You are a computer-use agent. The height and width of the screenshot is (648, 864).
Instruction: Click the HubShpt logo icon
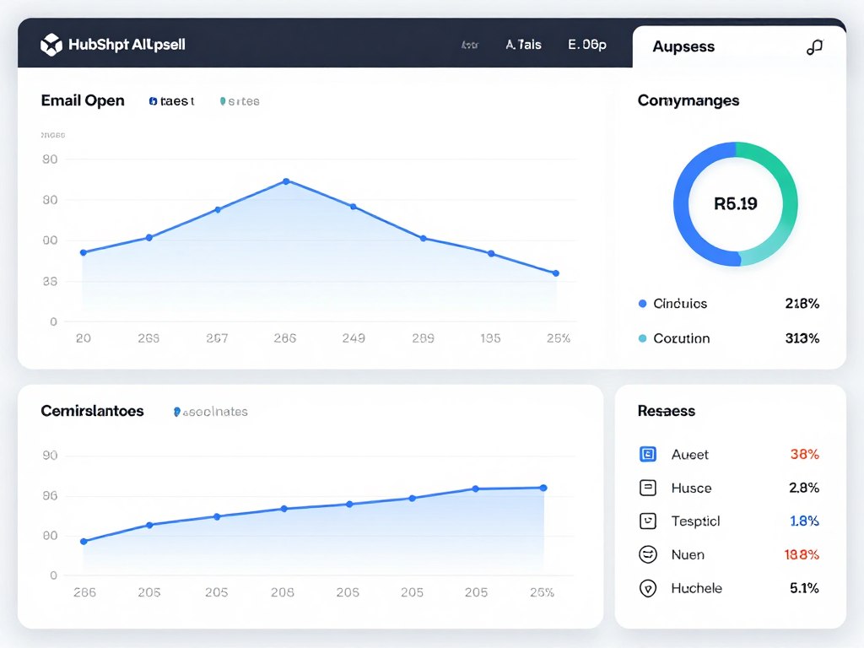coord(51,45)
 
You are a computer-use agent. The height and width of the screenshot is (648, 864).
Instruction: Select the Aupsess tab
coord(683,47)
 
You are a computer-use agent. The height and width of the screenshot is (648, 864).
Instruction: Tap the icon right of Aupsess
coord(814,47)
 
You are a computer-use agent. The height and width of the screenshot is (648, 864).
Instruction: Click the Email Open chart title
coord(83,100)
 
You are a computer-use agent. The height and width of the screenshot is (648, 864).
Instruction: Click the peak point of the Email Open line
coord(286,181)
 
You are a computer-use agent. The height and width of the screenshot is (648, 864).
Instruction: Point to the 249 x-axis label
coord(354,338)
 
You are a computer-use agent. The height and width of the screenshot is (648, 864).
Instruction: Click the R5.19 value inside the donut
coord(735,203)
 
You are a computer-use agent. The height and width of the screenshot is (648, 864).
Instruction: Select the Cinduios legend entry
coord(680,304)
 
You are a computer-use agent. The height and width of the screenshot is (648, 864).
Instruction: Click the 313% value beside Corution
coord(802,338)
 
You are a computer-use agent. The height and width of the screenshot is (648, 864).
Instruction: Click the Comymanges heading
coord(688,100)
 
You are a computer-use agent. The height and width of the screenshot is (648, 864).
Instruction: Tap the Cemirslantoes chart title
coord(92,411)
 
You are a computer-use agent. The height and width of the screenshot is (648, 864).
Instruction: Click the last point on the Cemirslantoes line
coord(543,488)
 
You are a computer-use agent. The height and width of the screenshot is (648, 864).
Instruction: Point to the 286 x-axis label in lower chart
coord(84,592)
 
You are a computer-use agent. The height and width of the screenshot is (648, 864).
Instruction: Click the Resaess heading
coord(667,411)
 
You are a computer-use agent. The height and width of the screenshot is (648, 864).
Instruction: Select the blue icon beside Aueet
coord(648,455)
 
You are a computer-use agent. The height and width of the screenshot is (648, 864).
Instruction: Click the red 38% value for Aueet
coord(804,455)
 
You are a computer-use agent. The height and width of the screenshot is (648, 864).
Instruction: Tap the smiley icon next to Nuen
coord(648,554)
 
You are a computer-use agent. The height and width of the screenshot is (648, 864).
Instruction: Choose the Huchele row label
coord(696,588)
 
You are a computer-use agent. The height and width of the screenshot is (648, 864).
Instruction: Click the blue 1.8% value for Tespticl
coord(804,521)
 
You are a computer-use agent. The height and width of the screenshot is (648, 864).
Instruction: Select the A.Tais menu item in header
coord(523,45)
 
